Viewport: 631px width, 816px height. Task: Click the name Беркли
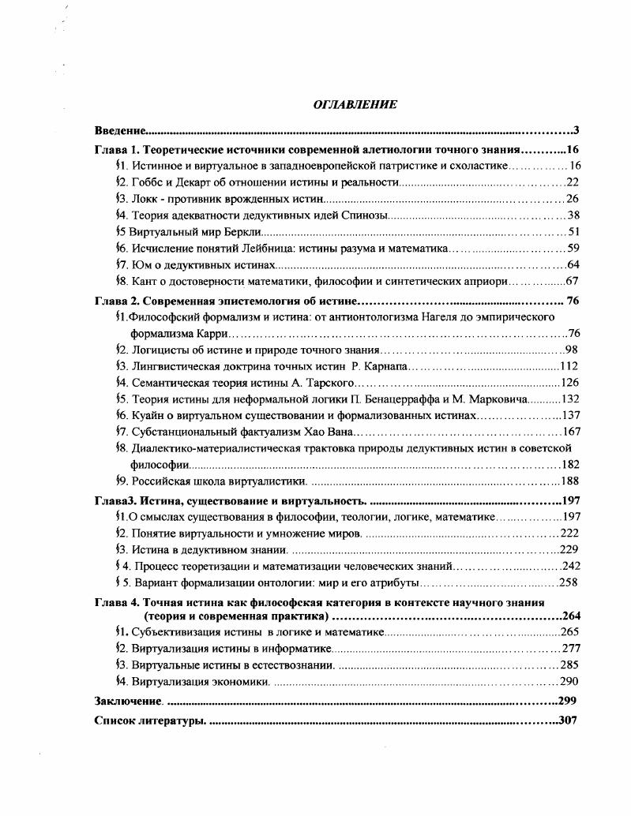coord(240,232)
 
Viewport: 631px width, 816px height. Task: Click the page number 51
coord(574,232)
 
